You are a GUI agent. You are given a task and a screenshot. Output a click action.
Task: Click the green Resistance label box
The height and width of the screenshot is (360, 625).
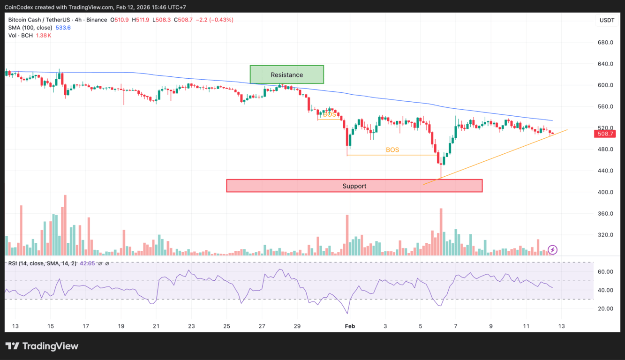(x=286, y=75)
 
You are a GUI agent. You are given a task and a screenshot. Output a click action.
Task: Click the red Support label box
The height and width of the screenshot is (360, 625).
(x=354, y=186)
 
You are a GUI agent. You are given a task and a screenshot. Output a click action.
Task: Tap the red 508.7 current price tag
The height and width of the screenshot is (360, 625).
(x=604, y=134)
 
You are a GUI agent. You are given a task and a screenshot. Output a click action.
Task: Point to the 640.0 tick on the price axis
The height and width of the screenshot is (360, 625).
(x=605, y=64)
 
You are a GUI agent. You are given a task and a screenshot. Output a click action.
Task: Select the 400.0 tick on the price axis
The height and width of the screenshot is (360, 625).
(x=605, y=192)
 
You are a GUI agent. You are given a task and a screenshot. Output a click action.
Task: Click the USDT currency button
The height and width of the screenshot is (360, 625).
(x=607, y=20)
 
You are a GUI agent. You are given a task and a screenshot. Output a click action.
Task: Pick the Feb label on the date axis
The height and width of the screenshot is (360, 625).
(x=350, y=326)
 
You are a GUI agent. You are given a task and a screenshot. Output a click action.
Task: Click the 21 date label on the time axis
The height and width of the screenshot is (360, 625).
(x=156, y=326)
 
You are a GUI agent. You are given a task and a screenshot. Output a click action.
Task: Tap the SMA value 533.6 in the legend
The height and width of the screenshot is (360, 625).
(x=63, y=28)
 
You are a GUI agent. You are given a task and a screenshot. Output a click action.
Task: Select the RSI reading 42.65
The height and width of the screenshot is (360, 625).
(x=87, y=263)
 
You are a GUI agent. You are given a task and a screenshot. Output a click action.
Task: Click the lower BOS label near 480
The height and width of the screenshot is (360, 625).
(x=392, y=150)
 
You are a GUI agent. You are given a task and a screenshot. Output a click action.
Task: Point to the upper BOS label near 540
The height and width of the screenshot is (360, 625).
(x=330, y=114)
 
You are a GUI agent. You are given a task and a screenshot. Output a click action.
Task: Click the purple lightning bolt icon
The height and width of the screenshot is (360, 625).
(x=553, y=249)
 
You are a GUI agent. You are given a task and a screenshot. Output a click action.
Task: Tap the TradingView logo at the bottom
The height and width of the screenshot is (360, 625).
(x=42, y=346)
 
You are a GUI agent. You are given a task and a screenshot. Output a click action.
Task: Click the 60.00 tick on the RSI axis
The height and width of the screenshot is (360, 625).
(x=606, y=271)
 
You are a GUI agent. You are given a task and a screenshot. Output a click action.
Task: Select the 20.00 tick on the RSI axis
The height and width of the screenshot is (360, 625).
(x=606, y=308)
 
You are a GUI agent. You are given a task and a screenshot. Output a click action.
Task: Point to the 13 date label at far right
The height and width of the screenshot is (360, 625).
(x=561, y=326)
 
